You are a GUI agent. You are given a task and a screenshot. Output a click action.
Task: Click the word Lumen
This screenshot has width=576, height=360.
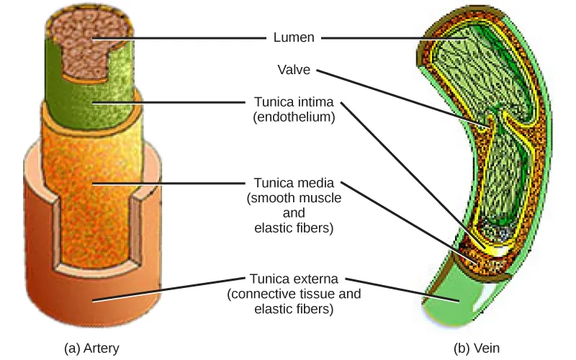pyautogui.click(x=294, y=37)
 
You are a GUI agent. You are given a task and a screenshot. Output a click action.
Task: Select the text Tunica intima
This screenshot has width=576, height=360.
pyautogui.click(x=294, y=102)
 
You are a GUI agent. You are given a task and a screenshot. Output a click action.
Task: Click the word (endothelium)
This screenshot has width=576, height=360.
pyautogui.click(x=294, y=117)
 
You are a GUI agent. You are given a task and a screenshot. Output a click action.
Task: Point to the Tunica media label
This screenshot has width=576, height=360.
pyautogui.click(x=294, y=183)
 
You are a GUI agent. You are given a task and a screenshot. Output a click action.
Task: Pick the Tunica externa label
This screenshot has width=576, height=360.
pyautogui.click(x=294, y=278)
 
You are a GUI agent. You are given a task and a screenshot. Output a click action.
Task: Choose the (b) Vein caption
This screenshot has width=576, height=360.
pyautogui.click(x=476, y=348)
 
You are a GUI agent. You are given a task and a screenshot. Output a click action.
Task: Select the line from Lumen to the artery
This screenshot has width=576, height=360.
pyautogui.click(x=180, y=37)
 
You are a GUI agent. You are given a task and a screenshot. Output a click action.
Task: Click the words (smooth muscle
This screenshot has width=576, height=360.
pyautogui.click(x=294, y=197)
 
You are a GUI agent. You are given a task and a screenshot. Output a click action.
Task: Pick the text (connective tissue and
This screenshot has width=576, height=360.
pyautogui.click(x=294, y=294)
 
